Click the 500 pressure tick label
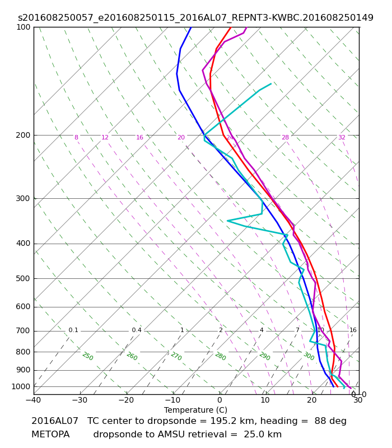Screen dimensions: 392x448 pyautogui.click(x=23, y=278)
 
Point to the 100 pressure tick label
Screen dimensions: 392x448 pyautogui.click(x=23, y=27)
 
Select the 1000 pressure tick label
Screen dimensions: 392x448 pyautogui.click(x=21, y=386)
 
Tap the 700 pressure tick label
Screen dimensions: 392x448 pyautogui.click(x=23, y=331)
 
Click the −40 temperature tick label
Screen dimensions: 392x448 pyautogui.click(x=34, y=400)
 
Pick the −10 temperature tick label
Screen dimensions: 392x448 pyautogui.click(x=173, y=400)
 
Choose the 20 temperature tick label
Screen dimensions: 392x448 pyautogui.click(x=312, y=400)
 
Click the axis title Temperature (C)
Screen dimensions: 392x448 pyautogui.click(x=195, y=410)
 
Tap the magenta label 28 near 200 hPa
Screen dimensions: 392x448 pyautogui.click(x=286, y=137)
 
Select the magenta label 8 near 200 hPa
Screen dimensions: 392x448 pyautogui.click(x=76, y=137)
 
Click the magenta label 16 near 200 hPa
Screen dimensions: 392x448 pyautogui.click(x=139, y=137)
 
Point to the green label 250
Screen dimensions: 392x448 pyautogui.click(x=88, y=356)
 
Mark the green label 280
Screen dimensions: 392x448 pyautogui.click(x=221, y=356)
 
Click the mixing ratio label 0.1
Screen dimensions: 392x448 pyautogui.click(x=73, y=330)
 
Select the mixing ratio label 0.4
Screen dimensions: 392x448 pyautogui.click(x=137, y=330)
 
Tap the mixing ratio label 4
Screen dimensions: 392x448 pyautogui.click(x=262, y=330)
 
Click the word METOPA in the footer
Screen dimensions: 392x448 pyautogui.click(x=50, y=435)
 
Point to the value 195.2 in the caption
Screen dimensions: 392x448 pyautogui.click(x=221, y=421)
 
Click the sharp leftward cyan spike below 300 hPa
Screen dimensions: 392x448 pyautogui.click(x=227, y=221)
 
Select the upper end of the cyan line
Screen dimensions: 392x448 pyautogui.click(x=271, y=83)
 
